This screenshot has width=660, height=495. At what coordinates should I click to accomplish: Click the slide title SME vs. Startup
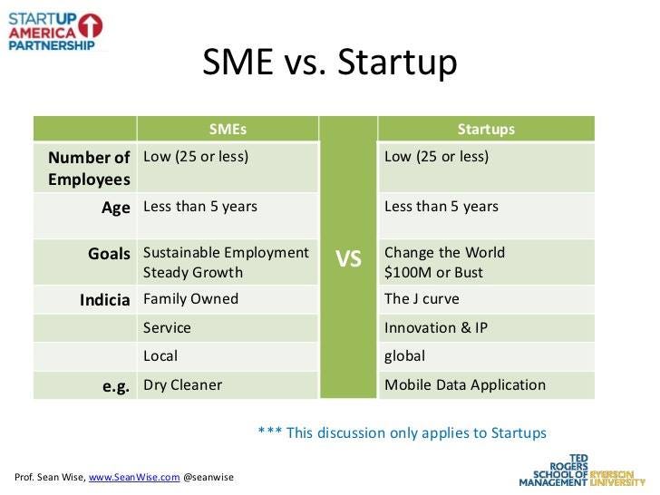[330, 63]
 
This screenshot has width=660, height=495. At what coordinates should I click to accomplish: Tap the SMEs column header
[228, 129]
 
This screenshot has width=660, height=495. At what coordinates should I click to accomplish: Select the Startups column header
[486, 129]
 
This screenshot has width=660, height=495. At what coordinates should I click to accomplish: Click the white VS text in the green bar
[348, 260]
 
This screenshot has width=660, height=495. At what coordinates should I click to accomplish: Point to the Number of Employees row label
[89, 168]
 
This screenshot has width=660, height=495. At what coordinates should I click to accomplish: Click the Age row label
[116, 207]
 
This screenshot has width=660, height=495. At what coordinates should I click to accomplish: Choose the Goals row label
[109, 253]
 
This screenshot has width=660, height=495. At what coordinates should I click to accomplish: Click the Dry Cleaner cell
[182, 384]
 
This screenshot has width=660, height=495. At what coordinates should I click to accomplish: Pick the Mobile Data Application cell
[465, 384]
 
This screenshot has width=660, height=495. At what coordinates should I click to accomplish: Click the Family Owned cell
[190, 298]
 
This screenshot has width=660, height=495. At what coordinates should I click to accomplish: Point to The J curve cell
[422, 298]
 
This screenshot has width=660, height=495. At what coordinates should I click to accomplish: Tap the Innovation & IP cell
[435, 327]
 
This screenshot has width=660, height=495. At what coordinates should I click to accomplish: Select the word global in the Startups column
[405, 356]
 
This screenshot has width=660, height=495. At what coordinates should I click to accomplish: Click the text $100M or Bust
[433, 272]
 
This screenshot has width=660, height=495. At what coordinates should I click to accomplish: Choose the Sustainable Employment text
[226, 252]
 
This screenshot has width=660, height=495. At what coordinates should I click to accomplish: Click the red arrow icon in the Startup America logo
[91, 24]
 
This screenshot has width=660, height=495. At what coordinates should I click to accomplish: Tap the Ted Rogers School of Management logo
[580, 470]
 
